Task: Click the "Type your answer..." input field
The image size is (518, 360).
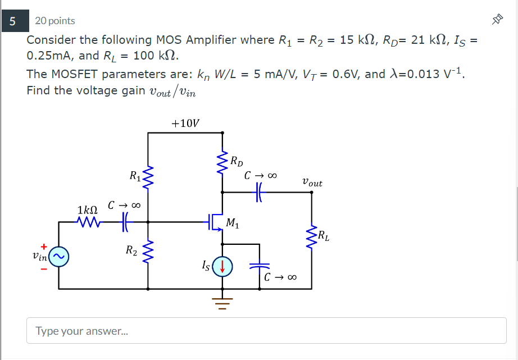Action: click(266, 331)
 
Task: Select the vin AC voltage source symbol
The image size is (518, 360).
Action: click(59, 256)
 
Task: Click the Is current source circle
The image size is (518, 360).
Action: click(222, 266)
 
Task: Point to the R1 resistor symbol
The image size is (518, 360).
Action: click(148, 178)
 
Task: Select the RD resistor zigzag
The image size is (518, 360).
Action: click(223, 162)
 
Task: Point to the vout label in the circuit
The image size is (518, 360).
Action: click(312, 183)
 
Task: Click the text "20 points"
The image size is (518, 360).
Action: click(55, 21)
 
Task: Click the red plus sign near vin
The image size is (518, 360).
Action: click(43, 245)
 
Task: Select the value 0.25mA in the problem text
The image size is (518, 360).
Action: click(51, 56)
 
